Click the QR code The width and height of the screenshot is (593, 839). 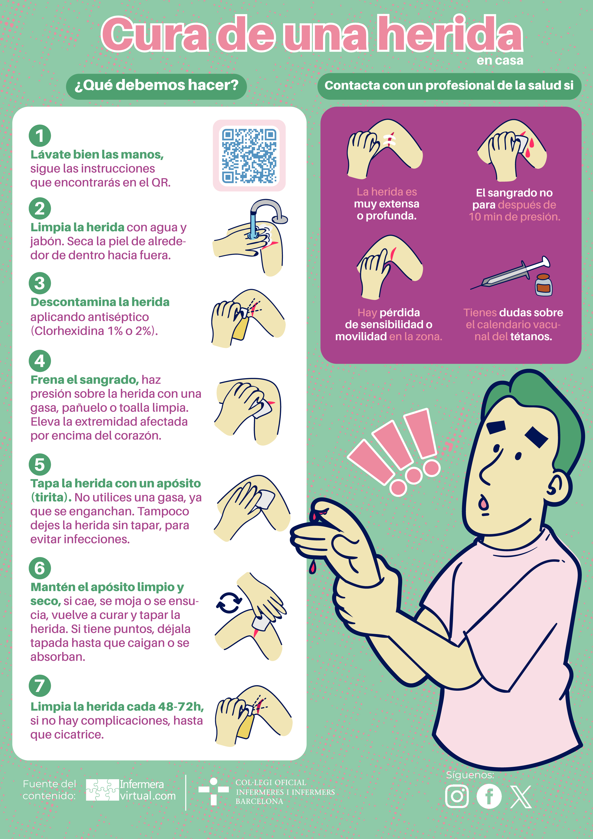(x=249, y=156)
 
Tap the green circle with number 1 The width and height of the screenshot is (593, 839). (x=40, y=136)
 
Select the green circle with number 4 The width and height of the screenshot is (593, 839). (x=40, y=361)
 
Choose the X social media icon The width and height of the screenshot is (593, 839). (x=521, y=797)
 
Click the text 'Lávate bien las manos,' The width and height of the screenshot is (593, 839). (x=97, y=155)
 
